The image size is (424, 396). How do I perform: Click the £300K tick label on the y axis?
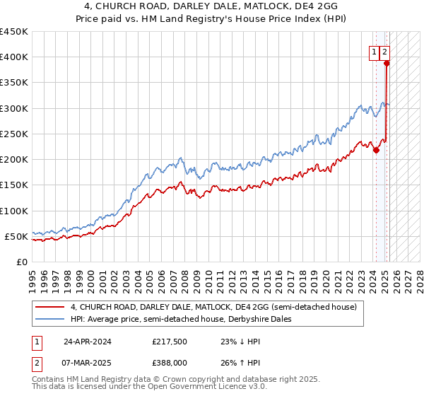[x=14, y=108]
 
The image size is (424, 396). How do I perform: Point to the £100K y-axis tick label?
[x=14, y=211]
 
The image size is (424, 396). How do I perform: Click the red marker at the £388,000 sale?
[x=387, y=63]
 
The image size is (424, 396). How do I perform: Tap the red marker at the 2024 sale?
[x=377, y=150]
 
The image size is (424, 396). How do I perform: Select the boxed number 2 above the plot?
[x=384, y=51]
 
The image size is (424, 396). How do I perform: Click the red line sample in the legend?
[x=50, y=307]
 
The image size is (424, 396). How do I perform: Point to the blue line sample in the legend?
[x=50, y=319]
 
